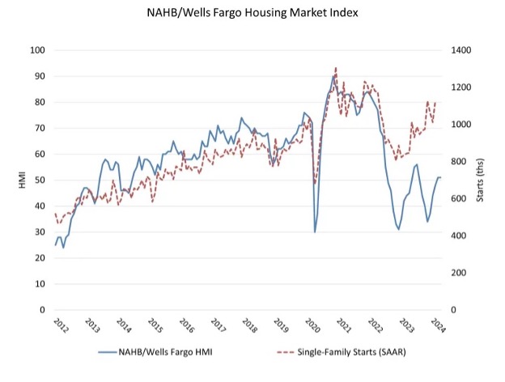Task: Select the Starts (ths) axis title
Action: pyautogui.click(x=483, y=179)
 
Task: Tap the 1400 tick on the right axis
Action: pyautogui.click(x=458, y=50)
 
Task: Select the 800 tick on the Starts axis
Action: pyautogui.click(x=456, y=161)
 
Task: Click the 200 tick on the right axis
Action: pyautogui.click(x=456, y=272)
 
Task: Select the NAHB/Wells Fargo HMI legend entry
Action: pyautogui.click(x=162, y=353)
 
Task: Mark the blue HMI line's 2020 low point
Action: pyautogui.click(x=315, y=231)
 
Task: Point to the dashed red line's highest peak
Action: pyautogui.click(x=335, y=68)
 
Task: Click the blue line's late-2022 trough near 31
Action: pyautogui.click(x=399, y=229)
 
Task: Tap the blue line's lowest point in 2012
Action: pyautogui.click(x=64, y=247)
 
